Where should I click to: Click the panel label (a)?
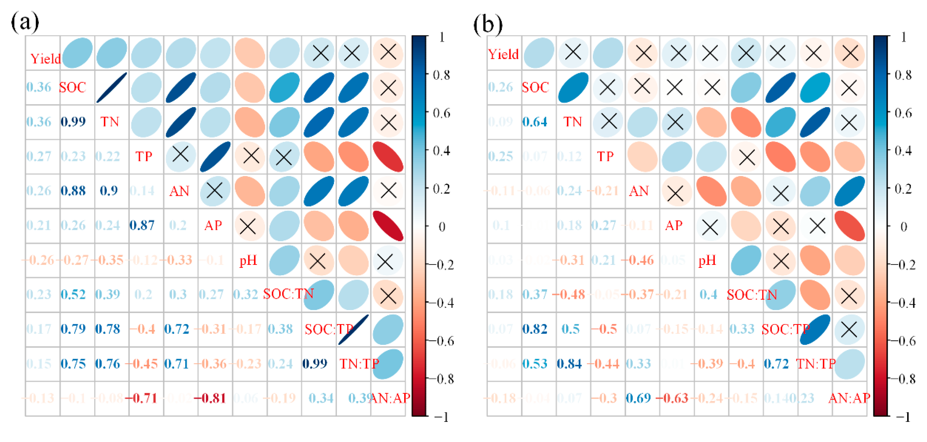(x=24, y=22)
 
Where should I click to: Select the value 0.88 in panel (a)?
(x=73, y=191)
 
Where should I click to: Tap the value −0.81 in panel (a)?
(x=210, y=398)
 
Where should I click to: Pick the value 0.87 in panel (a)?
(x=142, y=225)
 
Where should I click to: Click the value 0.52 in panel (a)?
(x=73, y=294)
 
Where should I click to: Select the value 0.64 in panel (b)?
(x=535, y=122)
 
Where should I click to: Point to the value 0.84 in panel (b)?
(x=569, y=364)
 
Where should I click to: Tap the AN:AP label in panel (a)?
(x=390, y=398)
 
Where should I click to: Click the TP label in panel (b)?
(x=605, y=156)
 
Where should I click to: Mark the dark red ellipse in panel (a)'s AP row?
(x=388, y=226)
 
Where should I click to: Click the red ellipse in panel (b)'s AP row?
(x=849, y=226)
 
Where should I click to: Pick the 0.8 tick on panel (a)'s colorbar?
(x=442, y=75)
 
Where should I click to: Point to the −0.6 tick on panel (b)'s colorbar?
(x=902, y=341)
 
